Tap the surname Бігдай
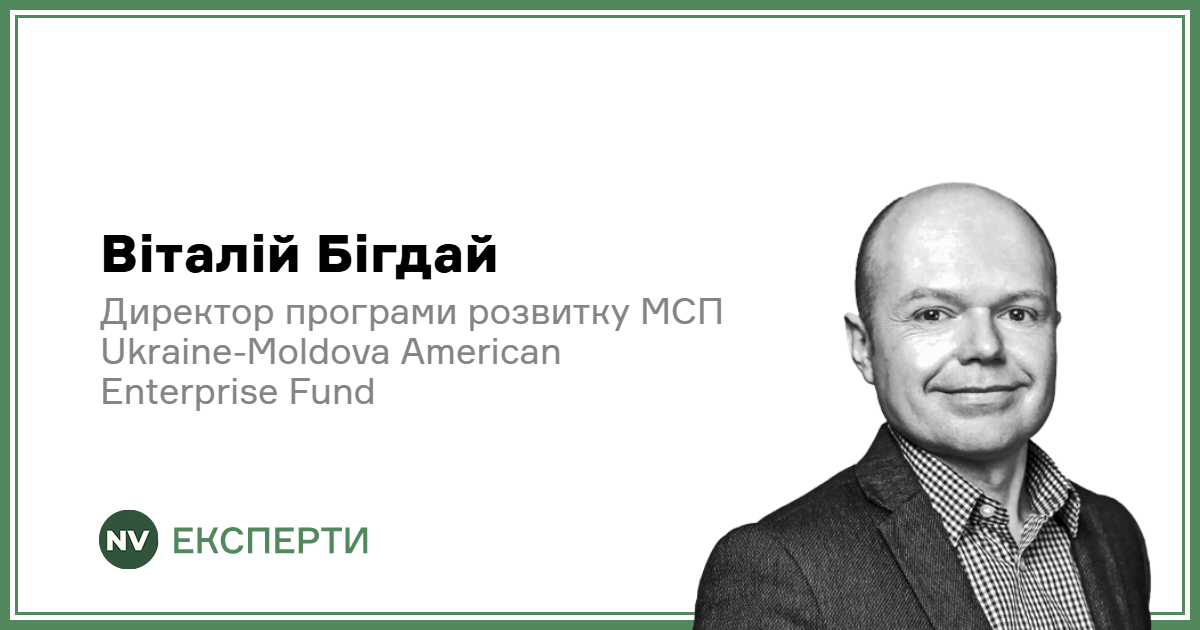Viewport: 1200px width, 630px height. (x=407, y=254)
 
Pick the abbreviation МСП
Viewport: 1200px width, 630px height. (x=681, y=312)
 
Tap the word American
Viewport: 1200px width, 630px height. (x=481, y=352)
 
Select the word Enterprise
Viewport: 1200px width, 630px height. (x=189, y=392)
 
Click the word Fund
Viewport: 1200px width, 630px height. (x=332, y=391)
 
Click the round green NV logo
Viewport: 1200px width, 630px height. (x=129, y=539)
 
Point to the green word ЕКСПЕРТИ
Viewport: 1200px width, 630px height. (x=271, y=540)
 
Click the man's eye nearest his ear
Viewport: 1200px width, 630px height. (x=931, y=314)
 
